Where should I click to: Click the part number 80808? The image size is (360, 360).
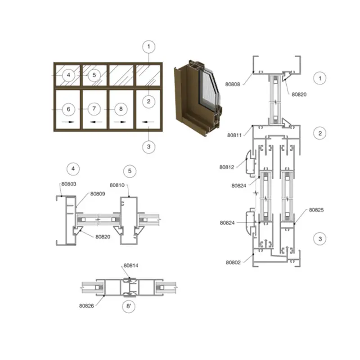(232, 84)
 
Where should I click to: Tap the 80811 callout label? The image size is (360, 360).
(234, 135)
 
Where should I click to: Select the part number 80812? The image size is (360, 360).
(227, 167)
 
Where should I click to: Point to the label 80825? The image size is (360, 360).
(316, 210)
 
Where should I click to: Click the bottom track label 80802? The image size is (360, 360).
(233, 262)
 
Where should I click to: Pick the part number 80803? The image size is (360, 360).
(69, 184)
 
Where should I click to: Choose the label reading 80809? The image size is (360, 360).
(98, 194)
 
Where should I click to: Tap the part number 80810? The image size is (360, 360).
(117, 185)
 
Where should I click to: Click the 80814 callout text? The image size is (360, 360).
(131, 265)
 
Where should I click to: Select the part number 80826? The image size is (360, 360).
(86, 306)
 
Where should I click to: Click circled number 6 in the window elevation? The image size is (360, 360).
(68, 109)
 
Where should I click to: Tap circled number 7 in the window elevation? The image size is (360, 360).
(94, 108)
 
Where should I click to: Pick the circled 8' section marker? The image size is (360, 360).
(129, 306)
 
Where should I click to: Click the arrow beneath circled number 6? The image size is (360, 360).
(68, 122)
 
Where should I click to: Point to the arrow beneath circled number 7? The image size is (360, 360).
(96, 122)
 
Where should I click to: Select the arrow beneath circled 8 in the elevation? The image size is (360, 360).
(120, 122)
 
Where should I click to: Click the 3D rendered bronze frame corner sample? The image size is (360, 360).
(198, 98)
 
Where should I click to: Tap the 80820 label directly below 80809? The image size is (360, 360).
(103, 237)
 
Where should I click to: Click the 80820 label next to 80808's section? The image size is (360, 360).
(299, 94)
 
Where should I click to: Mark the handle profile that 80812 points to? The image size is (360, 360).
(251, 162)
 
